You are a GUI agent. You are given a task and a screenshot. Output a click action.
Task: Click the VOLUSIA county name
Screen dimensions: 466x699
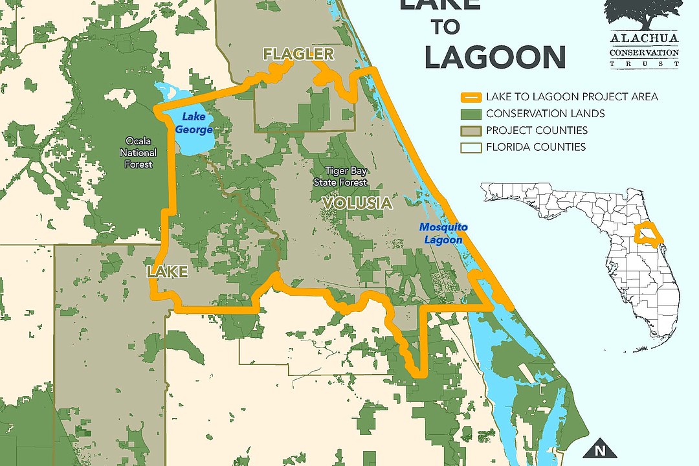(x=357, y=203)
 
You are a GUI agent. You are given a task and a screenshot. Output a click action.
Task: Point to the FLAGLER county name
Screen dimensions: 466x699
(x=298, y=54)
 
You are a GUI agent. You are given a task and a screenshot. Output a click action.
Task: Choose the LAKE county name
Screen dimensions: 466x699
(x=167, y=272)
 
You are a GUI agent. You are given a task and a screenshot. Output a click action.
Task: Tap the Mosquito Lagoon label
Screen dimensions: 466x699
(x=443, y=233)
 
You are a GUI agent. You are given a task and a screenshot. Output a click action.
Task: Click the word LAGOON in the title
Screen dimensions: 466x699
(x=495, y=57)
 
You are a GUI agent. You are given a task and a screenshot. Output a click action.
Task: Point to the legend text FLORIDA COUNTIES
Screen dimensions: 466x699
(x=536, y=147)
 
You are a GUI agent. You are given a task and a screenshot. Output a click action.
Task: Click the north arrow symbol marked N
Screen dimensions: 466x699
(x=599, y=449)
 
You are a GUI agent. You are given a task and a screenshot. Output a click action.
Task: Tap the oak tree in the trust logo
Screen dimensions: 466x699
(x=643, y=14)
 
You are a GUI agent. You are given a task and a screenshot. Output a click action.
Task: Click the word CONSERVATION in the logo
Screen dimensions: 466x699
(x=644, y=52)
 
